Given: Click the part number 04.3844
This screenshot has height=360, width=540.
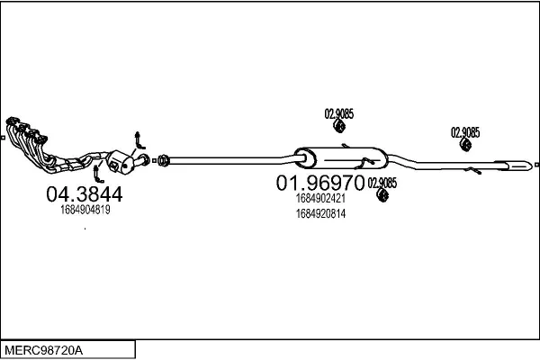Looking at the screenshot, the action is [85, 194].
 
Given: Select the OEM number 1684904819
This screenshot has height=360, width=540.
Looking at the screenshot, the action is [85, 210].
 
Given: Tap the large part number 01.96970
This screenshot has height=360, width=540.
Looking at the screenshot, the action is [319, 183].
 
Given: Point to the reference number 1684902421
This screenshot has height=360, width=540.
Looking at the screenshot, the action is [320, 198].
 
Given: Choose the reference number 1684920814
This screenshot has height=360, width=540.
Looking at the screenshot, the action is [320, 214].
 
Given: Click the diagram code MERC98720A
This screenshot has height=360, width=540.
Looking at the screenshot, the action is [44, 351].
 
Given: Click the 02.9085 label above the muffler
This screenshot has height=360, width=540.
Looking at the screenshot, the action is [339, 113].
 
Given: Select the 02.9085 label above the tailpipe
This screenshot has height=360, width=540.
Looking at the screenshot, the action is [465, 132].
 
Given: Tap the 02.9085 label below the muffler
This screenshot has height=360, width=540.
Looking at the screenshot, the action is [382, 183].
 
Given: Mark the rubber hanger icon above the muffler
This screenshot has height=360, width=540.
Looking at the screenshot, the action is [339, 126].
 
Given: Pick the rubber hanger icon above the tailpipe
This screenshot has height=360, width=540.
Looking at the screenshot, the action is [466, 145].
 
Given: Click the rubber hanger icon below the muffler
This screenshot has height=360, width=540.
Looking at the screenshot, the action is [382, 195].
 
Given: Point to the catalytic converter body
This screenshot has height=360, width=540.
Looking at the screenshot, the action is [120, 162].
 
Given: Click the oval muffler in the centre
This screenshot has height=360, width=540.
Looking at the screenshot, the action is [341, 158].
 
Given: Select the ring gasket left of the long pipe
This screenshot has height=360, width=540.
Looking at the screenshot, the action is [164, 160].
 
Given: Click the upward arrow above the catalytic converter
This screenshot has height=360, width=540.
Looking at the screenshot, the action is [139, 140].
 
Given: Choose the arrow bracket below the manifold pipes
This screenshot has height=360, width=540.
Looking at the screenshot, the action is [97, 175].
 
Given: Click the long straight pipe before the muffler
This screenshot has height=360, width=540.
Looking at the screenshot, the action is [231, 160].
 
